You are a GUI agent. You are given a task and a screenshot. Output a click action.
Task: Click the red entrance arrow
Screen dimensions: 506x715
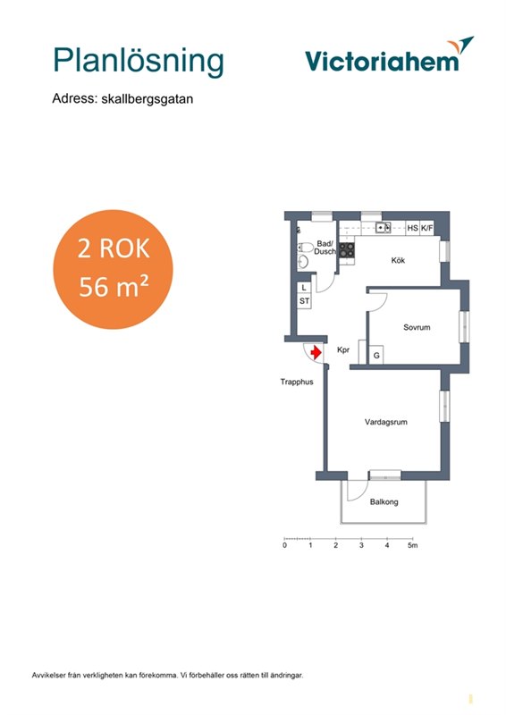click(x=316, y=353)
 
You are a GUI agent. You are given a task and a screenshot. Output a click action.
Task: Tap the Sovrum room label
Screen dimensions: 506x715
click(x=417, y=327)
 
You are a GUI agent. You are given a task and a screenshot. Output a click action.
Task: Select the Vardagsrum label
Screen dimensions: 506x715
click(x=385, y=422)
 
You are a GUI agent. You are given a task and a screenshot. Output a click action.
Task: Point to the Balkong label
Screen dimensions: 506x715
click(x=384, y=501)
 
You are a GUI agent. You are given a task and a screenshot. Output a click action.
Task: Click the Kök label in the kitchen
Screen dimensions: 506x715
click(x=398, y=260)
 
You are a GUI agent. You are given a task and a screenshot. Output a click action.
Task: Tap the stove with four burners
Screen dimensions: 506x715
click(x=347, y=250)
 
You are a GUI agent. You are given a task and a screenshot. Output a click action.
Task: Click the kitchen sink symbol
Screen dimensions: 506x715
click(x=384, y=228)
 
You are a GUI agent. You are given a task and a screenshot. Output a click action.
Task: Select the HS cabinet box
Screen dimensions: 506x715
click(x=412, y=228)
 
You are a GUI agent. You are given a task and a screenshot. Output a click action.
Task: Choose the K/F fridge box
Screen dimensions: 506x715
click(x=426, y=228)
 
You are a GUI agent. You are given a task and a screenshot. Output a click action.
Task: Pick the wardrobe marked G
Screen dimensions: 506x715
click(x=376, y=355)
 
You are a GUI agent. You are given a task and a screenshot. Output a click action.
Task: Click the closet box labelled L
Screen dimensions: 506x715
click(x=304, y=288)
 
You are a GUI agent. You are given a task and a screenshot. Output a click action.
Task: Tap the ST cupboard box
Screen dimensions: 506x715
click(x=304, y=301)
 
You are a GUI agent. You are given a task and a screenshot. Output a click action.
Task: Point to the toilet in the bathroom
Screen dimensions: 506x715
click(x=305, y=248)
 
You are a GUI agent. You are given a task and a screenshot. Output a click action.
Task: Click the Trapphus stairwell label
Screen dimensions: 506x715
click(x=297, y=382)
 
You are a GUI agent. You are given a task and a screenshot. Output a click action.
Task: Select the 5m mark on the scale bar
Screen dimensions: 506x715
click(x=412, y=545)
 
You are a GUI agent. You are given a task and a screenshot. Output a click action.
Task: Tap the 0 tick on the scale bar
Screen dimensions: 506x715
click(x=284, y=545)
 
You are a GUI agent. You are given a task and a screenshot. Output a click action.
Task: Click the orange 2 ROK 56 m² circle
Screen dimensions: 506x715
click(x=114, y=269)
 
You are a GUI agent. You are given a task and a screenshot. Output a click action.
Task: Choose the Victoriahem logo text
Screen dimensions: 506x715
click(x=382, y=61)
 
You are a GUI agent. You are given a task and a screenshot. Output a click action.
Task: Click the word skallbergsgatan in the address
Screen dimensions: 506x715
click(x=147, y=99)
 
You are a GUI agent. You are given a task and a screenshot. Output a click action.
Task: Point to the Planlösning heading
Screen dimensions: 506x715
click(x=139, y=61)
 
